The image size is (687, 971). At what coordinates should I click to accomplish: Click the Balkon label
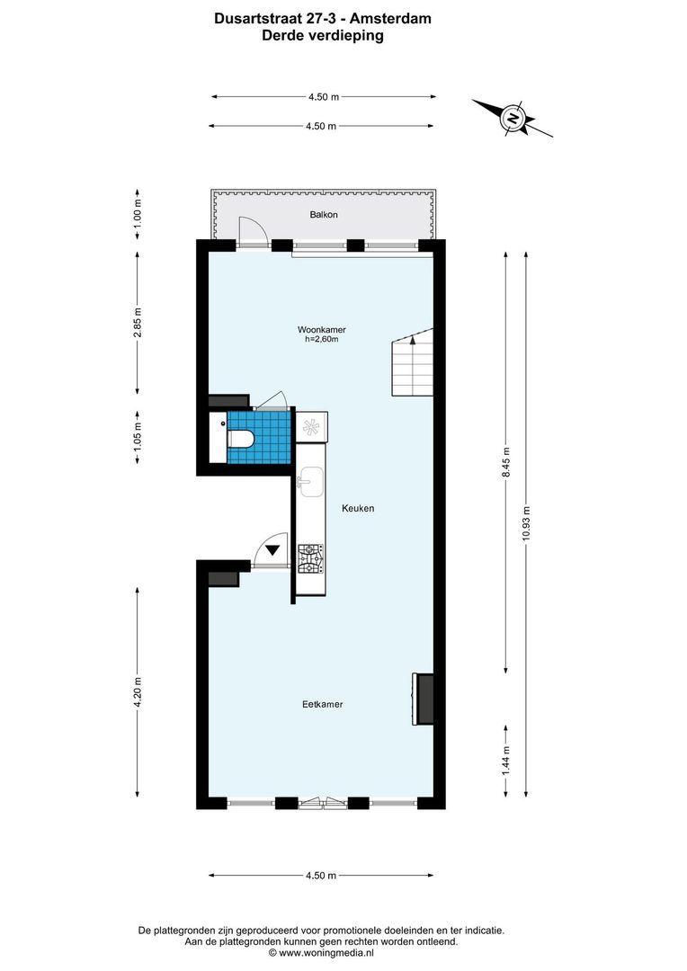(324, 215)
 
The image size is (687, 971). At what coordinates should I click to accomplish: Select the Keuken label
(357, 509)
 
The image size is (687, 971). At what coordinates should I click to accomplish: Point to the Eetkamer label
(322, 704)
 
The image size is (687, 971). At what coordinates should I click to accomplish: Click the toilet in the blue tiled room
(240, 438)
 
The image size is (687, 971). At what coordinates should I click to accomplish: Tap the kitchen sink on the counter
(311, 482)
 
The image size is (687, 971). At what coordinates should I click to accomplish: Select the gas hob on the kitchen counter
(310, 558)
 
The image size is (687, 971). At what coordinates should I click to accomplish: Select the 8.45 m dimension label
(505, 463)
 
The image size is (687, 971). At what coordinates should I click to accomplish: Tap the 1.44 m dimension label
(505, 761)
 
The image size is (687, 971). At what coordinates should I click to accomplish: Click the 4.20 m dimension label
(138, 692)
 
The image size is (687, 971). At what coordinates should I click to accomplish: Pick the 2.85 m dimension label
(138, 322)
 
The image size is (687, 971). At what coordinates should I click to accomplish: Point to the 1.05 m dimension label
(138, 437)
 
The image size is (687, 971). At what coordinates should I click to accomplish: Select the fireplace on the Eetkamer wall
(424, 699)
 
